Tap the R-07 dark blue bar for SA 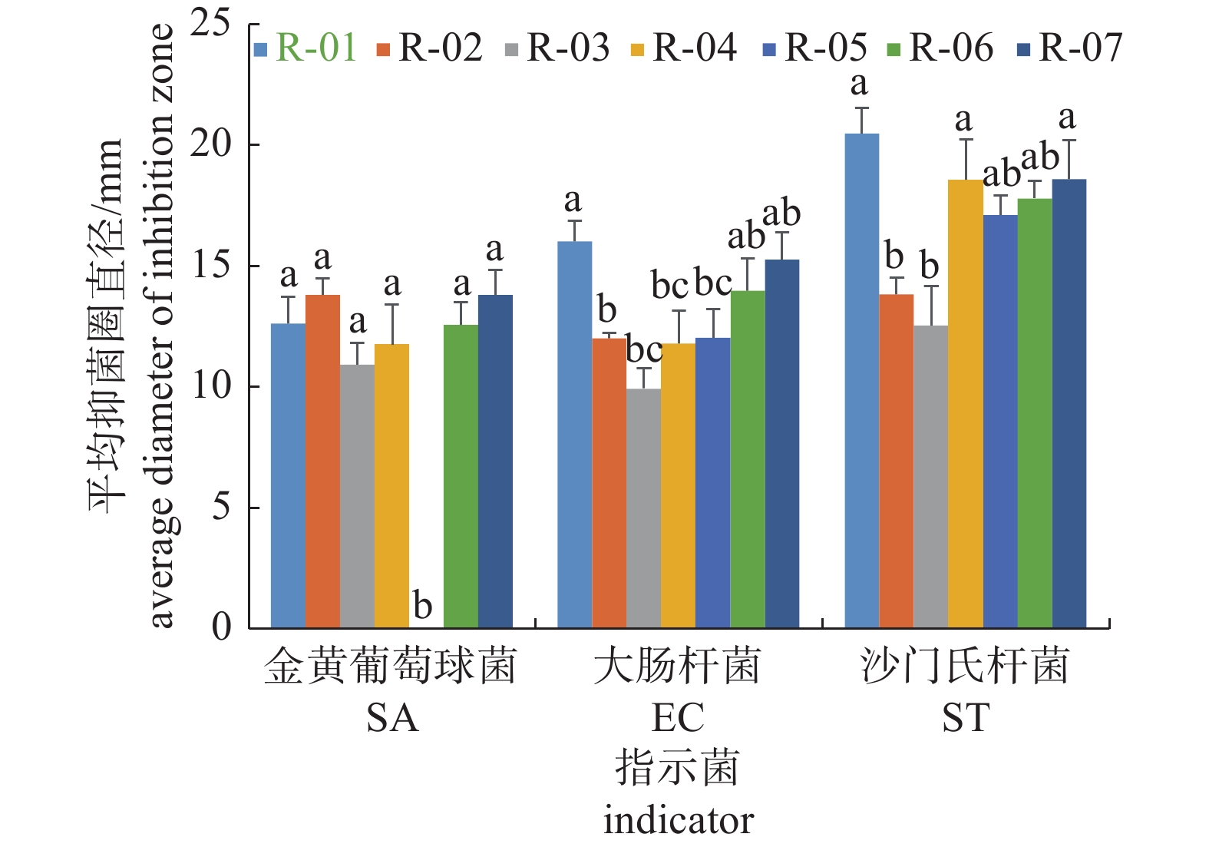[495, 461]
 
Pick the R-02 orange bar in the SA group [322, 461]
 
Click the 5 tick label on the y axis [221, 507]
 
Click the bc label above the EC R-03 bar [644, 349]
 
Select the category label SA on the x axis [392, 718]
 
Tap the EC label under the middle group [677, 718]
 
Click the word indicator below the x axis [678, 820]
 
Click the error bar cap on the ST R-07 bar [1069, 141]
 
